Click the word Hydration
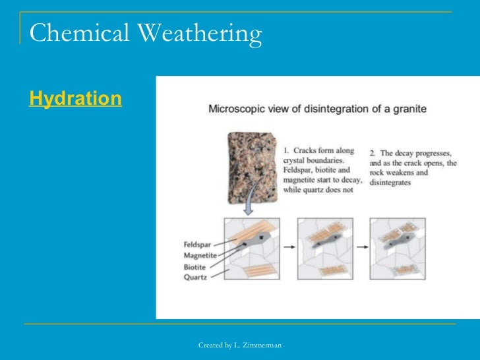point(75,99)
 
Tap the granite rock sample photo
point(251,167)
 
